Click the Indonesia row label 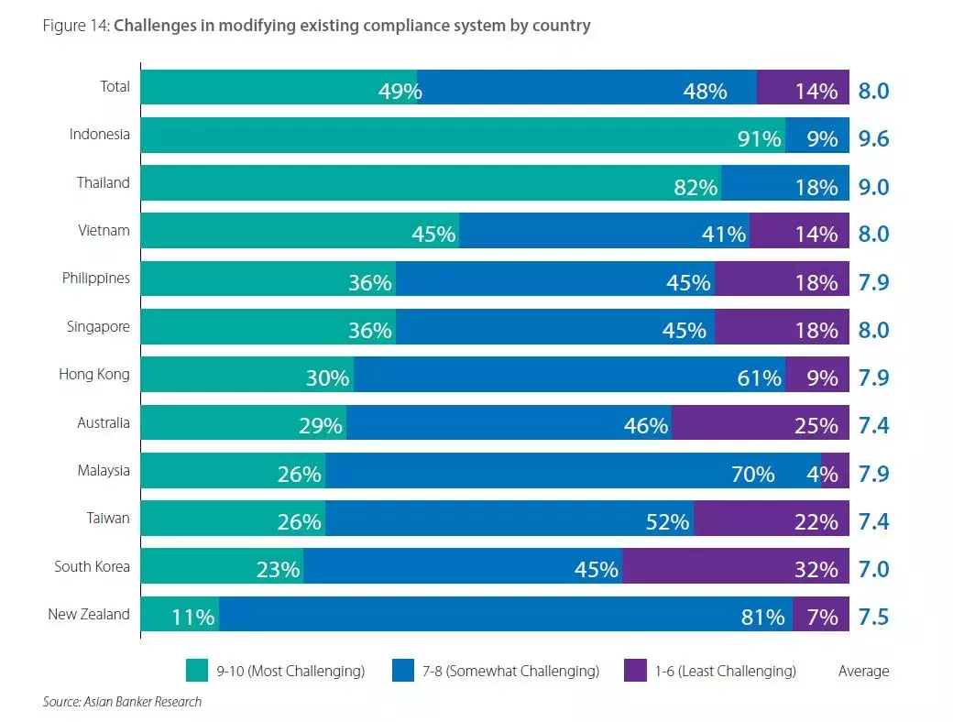click(x=99, y=135)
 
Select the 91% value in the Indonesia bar click(x=760, y=139)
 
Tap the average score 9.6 click(x=874, y=139)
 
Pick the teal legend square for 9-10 click(x=196, y=671)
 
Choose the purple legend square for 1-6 click(x=636, y=671)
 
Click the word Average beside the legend click(x=863, y=671)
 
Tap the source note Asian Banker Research click(x=122, y=702)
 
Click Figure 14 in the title click(x=76, y=26)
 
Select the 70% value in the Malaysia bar click(x=752, y=474)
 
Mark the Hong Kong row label click(x=94, y=374)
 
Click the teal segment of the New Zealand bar click(x=180, y=614)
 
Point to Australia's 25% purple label click(x=816, y=426)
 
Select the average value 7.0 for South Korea click(x=874, y=569)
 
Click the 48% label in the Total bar click(x=705, y=92)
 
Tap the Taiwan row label click(x=109, y=518)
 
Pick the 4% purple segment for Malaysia click(x=835, y=470)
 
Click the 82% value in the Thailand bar click(x=696, y=187)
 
